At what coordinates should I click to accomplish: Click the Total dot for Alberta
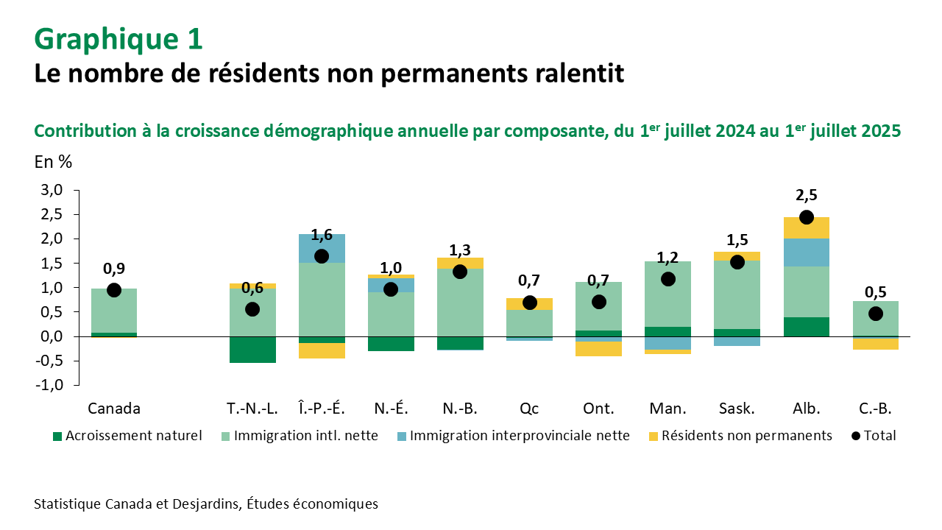pyautogui.click(x=807, y=217)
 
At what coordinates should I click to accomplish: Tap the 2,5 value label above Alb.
pyautogui.click(x=807, y=195)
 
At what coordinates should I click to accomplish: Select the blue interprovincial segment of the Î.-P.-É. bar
pyautogui.click(x=322, y=248)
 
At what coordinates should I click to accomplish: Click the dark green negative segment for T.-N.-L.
pyautogui.click(x=252, y=350)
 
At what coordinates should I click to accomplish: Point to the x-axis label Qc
pyautogui.click(x=529, y=409)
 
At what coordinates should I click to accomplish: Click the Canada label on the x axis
pyautogui.click(x=114, y=409)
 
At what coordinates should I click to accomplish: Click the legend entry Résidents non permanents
pyautogui.click(x=746, y=436)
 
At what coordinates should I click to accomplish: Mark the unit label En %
pyautogui.click(x=53, y=163)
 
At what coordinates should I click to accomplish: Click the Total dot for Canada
pyautogui.click(x=114, y=290)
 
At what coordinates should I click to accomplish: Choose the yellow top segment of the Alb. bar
pyautogui.click(x=807, y=227)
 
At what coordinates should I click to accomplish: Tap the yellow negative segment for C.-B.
pyautogui.click(x=876, y=344)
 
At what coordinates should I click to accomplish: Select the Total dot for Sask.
pyautogui.click(x=737, y=262)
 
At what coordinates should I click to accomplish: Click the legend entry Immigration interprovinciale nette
pyautogui.click(x=519, y=436)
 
